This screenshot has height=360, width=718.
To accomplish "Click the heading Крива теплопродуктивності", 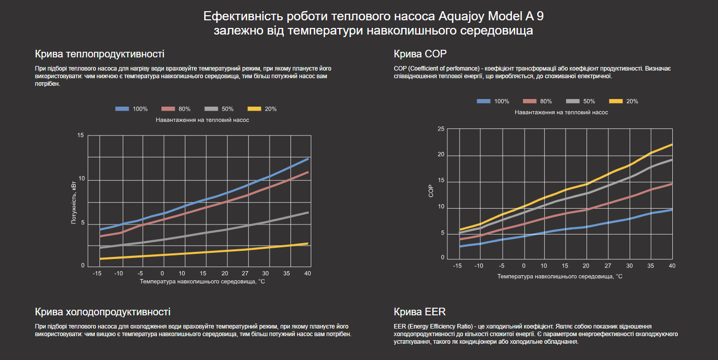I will tap(100, 54).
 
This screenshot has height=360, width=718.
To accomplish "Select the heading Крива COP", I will tap(420, 54).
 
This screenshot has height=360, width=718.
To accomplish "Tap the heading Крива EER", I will tap(419, 312).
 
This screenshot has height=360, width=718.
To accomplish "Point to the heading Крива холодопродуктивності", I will tap(103, 312).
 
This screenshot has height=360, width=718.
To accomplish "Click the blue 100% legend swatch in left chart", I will tap(122, 109).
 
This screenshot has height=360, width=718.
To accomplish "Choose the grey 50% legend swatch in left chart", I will tap(212, 109).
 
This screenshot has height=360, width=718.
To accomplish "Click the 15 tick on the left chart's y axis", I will tap(81, 136).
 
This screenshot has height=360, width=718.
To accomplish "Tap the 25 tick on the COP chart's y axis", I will tap(441, 129).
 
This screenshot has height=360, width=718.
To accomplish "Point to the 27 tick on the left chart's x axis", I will tap(245, 274).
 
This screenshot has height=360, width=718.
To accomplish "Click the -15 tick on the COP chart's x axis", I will tap(458, 266).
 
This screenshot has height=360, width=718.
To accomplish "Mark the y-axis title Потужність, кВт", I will tap(74, 202).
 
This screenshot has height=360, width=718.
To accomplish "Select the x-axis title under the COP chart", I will tap(560, 277).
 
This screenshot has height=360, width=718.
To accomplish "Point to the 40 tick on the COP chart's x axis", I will tap(671, 266).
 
